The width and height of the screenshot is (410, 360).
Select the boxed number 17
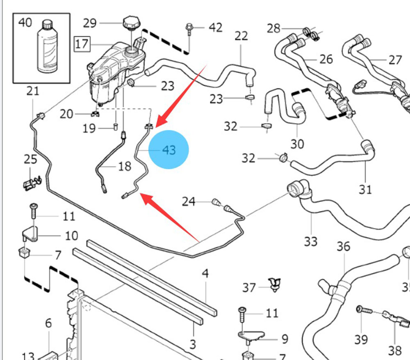(x=82, y=44)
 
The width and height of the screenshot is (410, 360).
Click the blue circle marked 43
(x=169, y=150)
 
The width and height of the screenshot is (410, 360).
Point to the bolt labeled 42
(x=189, y=28)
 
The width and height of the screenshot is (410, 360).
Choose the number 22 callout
(x=241, y=36)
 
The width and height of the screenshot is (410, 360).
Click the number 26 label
(x=326, y=60)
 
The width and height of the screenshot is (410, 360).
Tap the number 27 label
(x=395, y=60)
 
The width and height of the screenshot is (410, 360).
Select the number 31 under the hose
(x=365, y=189)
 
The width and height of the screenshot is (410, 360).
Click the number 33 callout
(x=310, y=241)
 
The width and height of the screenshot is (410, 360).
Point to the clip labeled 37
(x=273, y=284)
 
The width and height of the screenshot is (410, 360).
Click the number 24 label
(x=189, y=202)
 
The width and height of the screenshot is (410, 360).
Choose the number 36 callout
(x=344, y=246)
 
